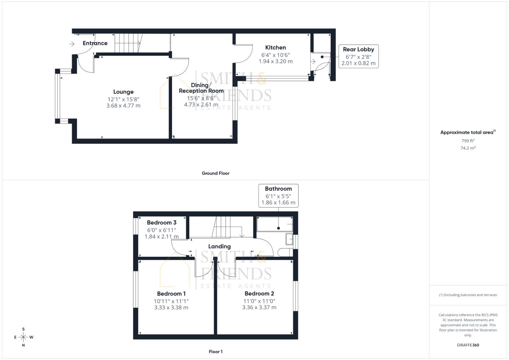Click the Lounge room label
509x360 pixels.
tap(123, 92)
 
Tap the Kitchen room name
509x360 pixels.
tap(275, 48)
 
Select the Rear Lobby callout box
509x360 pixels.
tap(358, 56)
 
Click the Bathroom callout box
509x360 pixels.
tap(278, 195)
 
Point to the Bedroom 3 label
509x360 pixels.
tap(162, 223)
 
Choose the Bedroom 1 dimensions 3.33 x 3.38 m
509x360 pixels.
tap(171, 308)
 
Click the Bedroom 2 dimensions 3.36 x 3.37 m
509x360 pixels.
tap(259, 307)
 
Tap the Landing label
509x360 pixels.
tap(219, 246)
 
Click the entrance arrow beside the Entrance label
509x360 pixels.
tap(72, 44)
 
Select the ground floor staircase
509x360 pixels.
tap(128, 43)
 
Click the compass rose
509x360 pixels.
tap(23, 337)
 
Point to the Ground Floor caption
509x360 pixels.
tap(215, 173)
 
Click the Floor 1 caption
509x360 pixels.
tap(215, 352)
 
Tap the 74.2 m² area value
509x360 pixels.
tap(468, 148)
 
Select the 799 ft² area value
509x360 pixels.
tap(468, 141)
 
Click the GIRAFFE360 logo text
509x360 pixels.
tap(468, 345)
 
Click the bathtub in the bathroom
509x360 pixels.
tap(274, 224)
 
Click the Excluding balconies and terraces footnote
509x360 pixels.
tap(468, 295)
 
